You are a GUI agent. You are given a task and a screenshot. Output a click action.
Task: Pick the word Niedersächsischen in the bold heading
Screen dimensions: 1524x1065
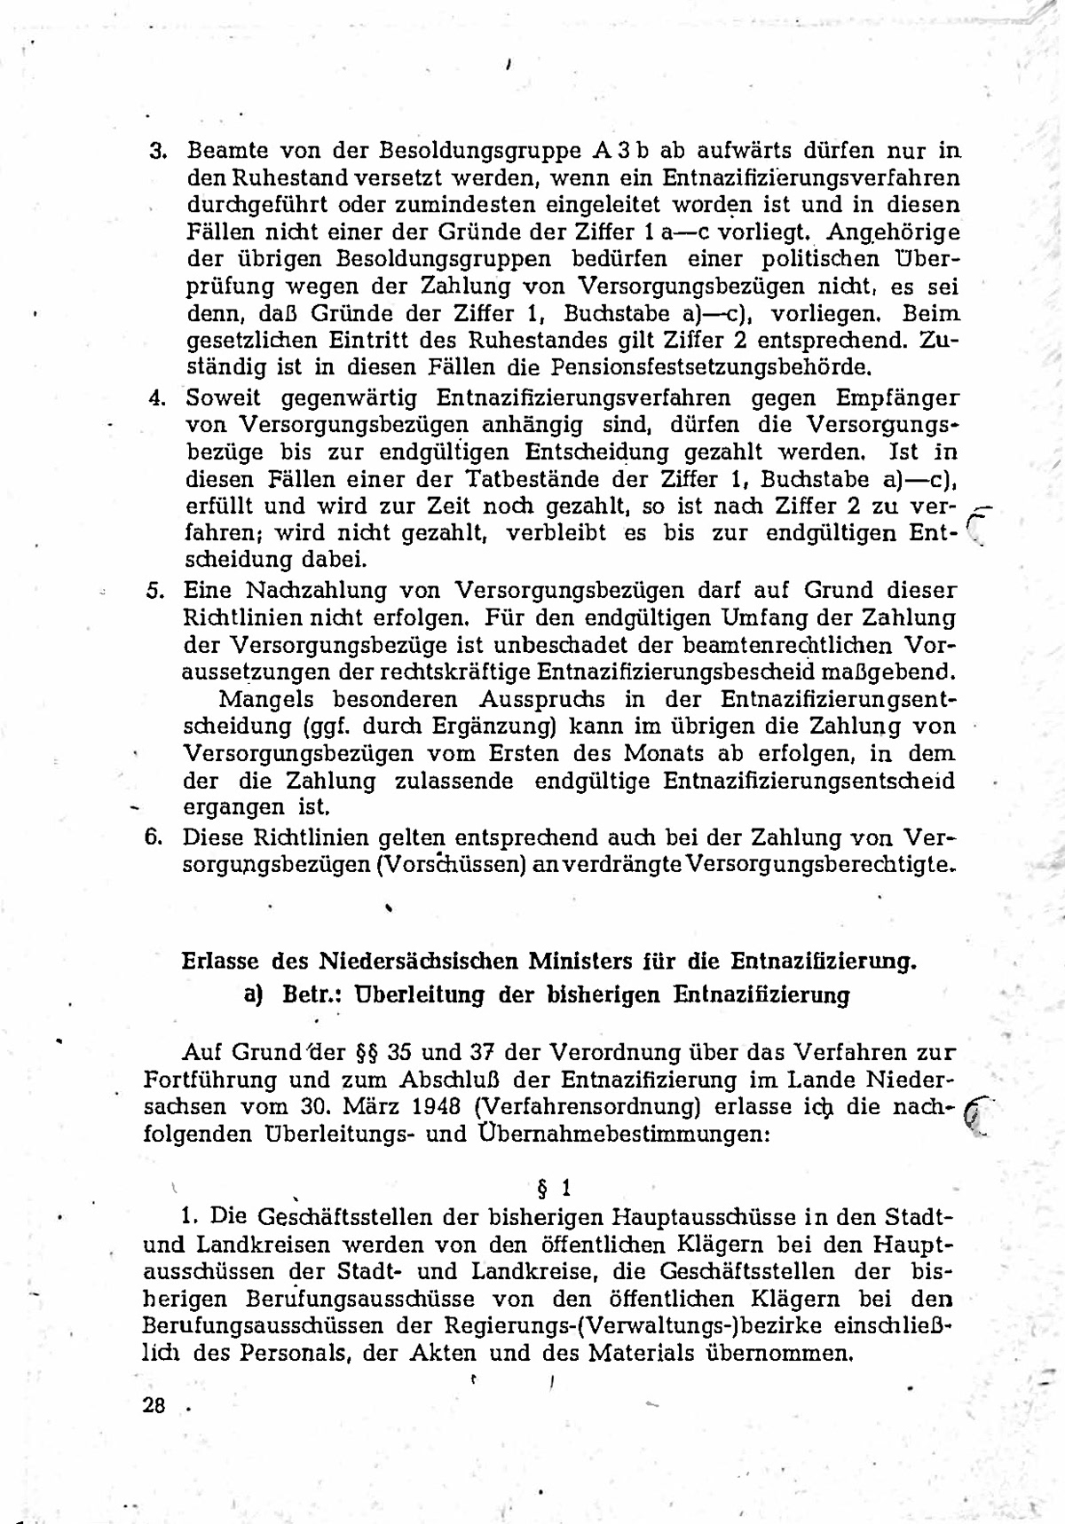[x=420, y=961]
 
